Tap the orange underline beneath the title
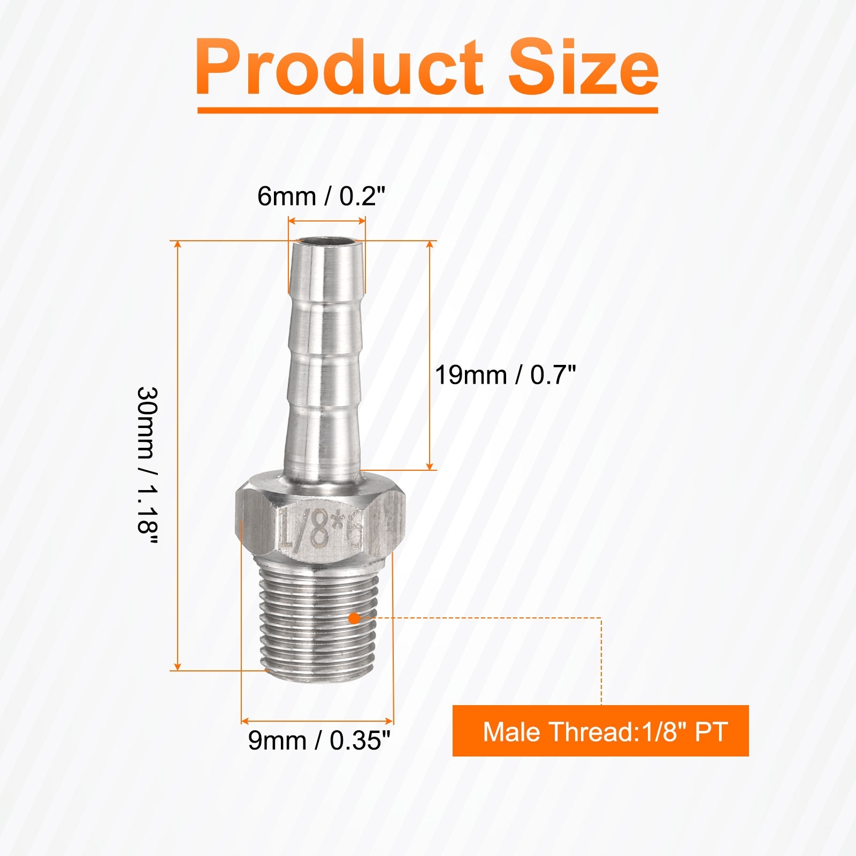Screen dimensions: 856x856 pyautogui.click(x=427, y=110)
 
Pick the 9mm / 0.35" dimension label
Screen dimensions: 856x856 pyautogui.click(x=319, y=740)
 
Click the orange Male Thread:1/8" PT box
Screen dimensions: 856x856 pyautogui.click(x=600, y=731)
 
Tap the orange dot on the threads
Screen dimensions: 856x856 pyautogui.click(x=354, y=618)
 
